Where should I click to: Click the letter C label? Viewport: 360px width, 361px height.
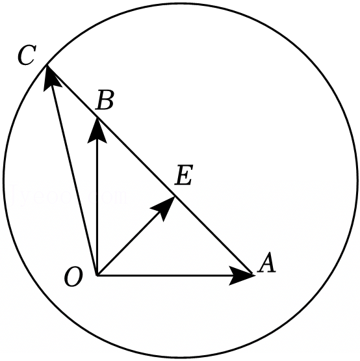(x=27, y=55)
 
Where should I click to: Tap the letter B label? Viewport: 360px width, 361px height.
(x=105, y=100)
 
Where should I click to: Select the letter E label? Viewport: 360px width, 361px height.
(x=183, y=175)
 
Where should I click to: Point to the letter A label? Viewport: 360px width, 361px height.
(x=266, y=263)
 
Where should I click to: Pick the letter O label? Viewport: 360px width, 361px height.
(x=73, y=276)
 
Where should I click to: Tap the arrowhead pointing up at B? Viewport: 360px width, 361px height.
(x=97, y=131)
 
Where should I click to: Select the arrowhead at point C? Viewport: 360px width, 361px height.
(x=51, y=77)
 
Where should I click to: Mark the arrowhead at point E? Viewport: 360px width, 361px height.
(x=164, y=208)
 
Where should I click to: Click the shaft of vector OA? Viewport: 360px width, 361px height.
(x=164, y=275)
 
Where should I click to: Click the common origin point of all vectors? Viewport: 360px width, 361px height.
(x=97, y=275)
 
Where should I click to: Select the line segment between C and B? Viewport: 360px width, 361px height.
(x=71, y=92)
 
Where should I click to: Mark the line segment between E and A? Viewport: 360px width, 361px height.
(x=214, y=235)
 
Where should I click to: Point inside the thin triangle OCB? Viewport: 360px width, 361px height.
(x=82, y=161)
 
